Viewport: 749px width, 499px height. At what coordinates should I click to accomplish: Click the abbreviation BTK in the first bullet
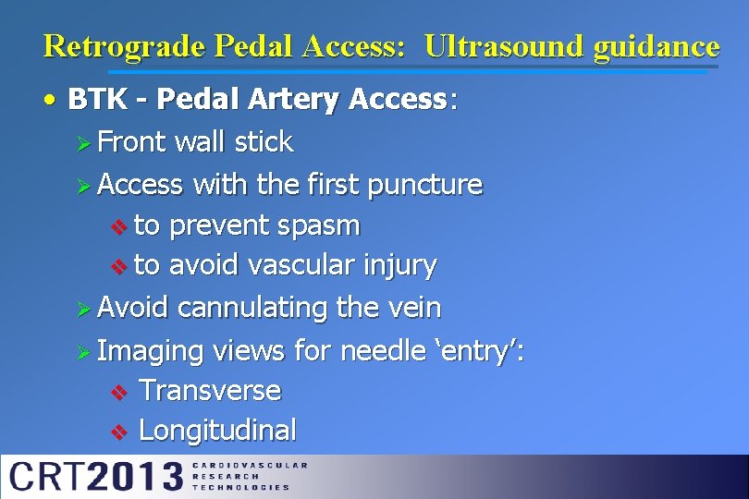(98, 100)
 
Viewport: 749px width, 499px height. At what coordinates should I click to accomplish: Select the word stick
(264, 142)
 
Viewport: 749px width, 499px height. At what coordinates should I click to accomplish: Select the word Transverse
(209, 391)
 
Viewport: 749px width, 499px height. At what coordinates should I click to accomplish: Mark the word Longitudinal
(217, 431)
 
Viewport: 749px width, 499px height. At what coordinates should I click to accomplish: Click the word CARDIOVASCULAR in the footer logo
(249, 465)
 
